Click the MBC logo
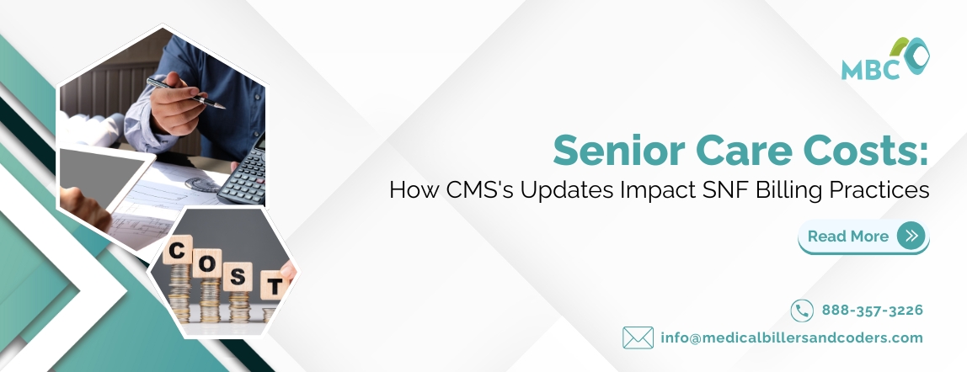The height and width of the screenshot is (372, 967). click(884, 59)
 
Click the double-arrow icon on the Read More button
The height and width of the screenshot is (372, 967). click(911, 236)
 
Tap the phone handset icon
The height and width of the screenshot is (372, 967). click(802, 311)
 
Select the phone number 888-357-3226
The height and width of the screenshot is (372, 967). click(873, 311)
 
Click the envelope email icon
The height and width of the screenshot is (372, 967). click(638, 337)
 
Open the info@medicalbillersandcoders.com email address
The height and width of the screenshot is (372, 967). click(792, 337)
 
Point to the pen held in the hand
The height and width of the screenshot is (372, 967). click(185, 93)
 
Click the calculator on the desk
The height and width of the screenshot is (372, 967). click(244, 173)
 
